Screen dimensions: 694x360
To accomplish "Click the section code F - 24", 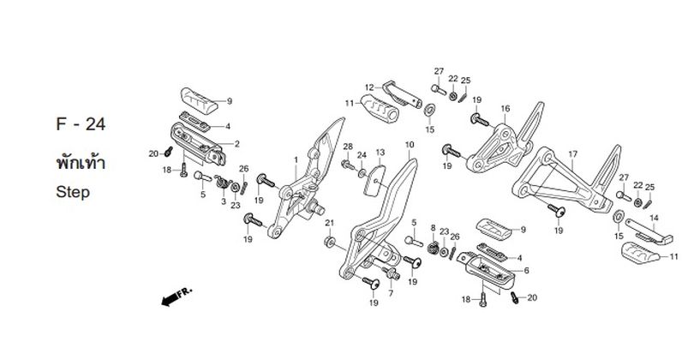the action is click(x=81, y=124).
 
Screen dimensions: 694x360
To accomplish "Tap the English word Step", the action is click(x=73, y=193).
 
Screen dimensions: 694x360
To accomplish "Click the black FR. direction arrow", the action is click(x=170, y=300).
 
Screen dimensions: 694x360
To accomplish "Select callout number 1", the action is click(x=296, y=159).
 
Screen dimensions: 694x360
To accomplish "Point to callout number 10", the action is click(x=410, y=145).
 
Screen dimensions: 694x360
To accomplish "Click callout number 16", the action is click(x=506, y=109).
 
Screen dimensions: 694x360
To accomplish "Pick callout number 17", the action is click(x=572, y=154).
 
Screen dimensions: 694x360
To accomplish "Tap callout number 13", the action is click(x=380, y=153).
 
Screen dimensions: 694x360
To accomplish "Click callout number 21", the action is click(x=329, y=223).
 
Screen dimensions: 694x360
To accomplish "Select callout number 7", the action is click(x=391, y=293).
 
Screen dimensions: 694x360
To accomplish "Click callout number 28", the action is click(x=349, y=147).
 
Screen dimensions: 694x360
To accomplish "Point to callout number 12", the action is click(x=369, y=87).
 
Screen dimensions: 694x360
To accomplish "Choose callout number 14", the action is click(x=654, y=218).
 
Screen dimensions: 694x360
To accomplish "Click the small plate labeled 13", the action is click(x=374, y=180).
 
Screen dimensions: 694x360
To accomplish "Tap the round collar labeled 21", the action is click(x=329, y=242).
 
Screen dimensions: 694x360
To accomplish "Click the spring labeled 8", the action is click(x=434, y=248).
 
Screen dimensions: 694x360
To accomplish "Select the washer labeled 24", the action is click(x=362, y=172).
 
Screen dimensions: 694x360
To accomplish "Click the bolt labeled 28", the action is click(x=348, y=165).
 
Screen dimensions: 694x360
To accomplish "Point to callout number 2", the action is click(x=236, y=144).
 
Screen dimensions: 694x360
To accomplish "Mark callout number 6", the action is click(x=526, y=271).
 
